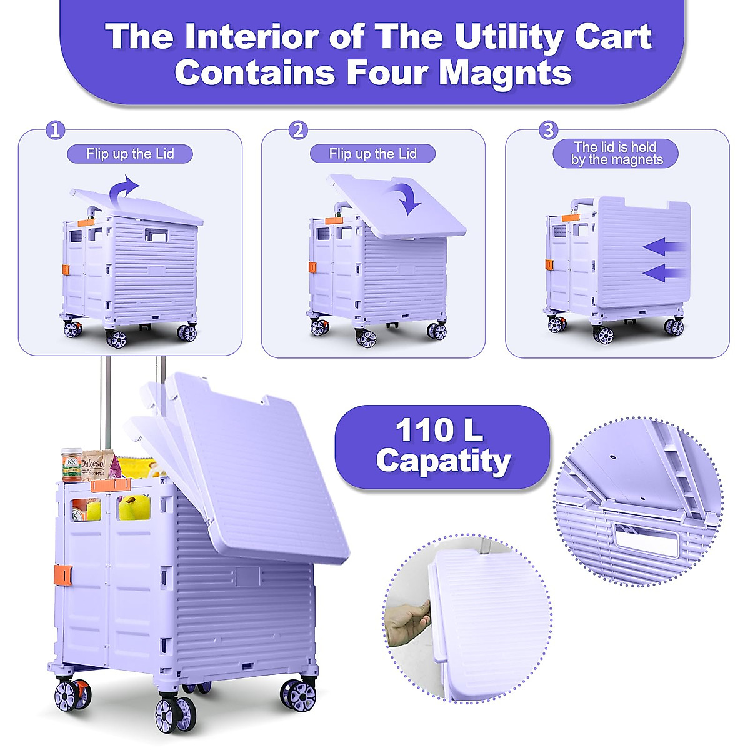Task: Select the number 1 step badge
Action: (56, 131)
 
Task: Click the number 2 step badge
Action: (299, 131)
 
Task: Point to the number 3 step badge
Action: (548, 131)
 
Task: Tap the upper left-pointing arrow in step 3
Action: (666, 247)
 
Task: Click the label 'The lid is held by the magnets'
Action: (616, 154)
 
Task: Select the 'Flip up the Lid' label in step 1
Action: (130, 154)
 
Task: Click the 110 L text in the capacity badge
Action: (439, 431)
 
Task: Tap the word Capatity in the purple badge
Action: (443, 461)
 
